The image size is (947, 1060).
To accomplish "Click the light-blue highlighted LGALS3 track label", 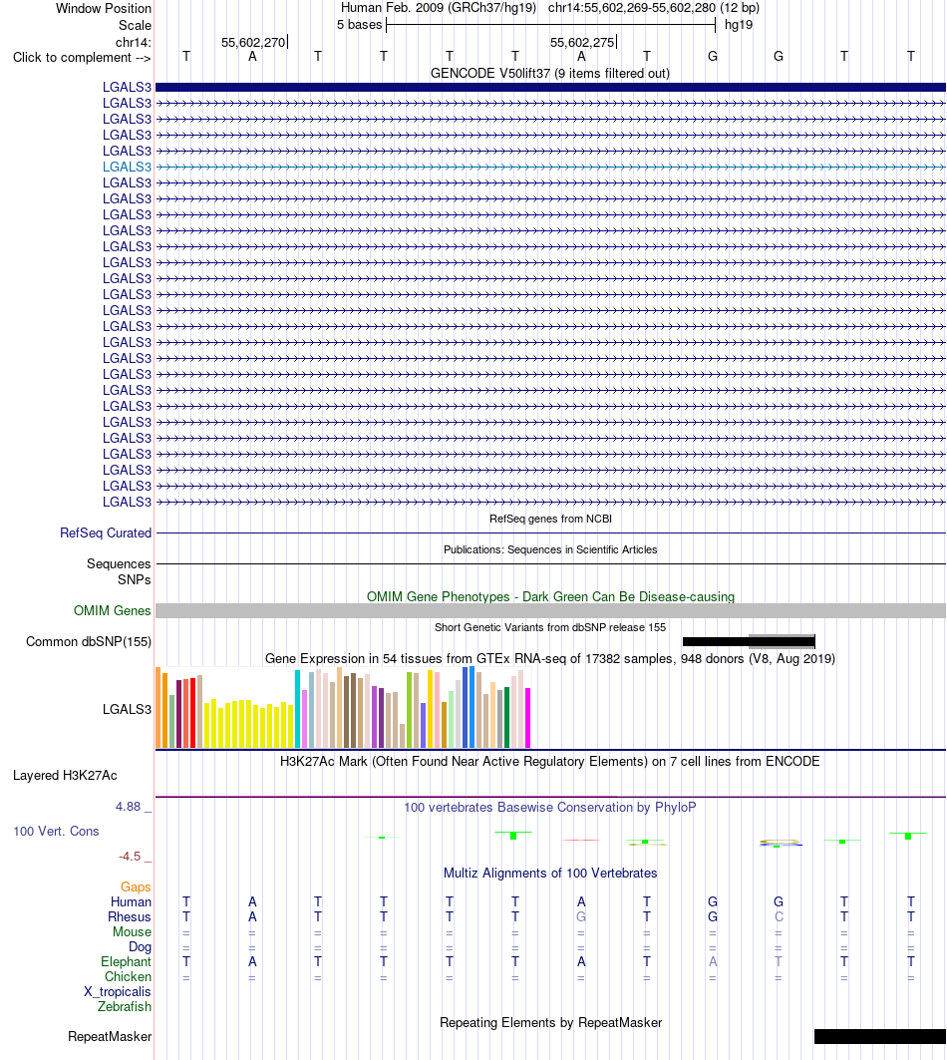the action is pos(127,167).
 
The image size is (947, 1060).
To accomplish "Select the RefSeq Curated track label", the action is pos(106,532).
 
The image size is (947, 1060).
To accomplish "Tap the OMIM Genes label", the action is pos(113,610).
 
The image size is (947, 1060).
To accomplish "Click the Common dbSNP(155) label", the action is pos(89,641).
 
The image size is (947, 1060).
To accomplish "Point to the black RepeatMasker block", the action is pos(880,1036).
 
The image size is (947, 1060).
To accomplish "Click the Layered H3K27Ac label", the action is pos(65,776).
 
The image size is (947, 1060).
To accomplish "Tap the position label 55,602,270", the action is pos(253,43).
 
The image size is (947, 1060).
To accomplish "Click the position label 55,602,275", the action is pos(582,43).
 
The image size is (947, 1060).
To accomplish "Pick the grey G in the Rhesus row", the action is pos(581,916).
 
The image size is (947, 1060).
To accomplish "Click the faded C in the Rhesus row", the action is pos(779,916).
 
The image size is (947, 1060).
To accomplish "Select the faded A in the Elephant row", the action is pos(713,961).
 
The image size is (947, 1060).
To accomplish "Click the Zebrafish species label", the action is pos(125,1006).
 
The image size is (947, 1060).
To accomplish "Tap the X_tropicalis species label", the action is pos(118,992).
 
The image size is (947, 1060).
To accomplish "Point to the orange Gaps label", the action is pos(136,886).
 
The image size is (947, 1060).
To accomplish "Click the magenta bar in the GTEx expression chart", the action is pos(528,718).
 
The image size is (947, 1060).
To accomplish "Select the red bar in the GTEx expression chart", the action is pos(192,713).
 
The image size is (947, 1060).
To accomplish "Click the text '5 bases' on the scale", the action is pos(360,25).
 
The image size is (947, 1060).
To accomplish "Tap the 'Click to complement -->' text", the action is pos(82,58).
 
